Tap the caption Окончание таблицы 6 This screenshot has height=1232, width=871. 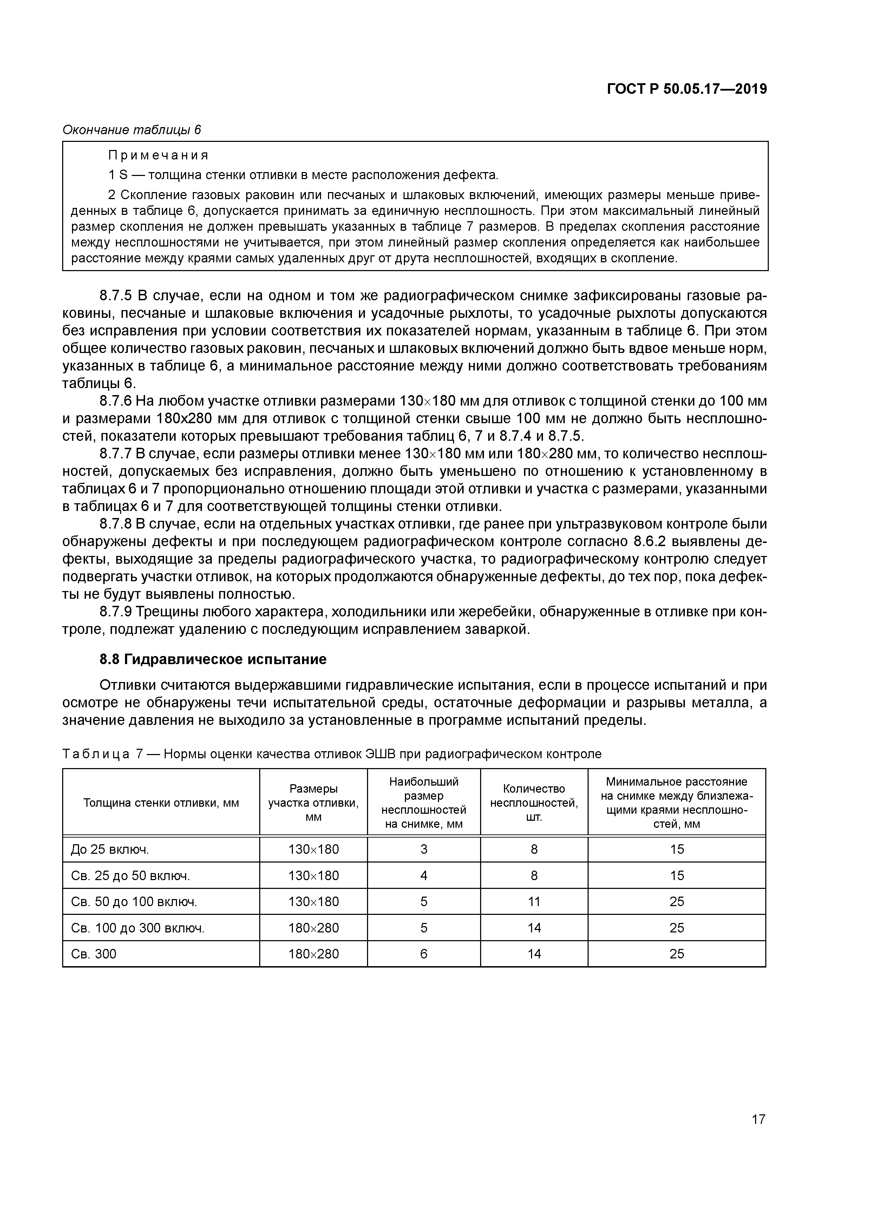(x=131, y=130)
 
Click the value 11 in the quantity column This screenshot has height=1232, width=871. (x=533, y=902)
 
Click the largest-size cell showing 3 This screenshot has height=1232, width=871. (x=424, y=850)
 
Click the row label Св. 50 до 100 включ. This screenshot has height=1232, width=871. (x=134, y=902)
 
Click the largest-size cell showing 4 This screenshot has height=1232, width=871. (x=424, y=876)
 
